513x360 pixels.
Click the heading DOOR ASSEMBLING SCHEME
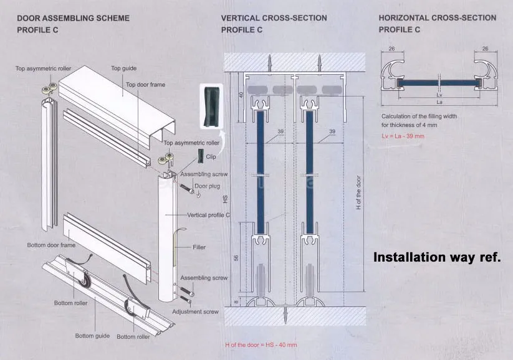tap(73, 18)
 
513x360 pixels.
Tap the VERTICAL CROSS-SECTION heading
tap(274, 18)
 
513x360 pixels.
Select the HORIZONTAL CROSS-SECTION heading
tap(438, 18)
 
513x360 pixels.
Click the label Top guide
tap(123, 68)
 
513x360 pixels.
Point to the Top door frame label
tap(145, 85)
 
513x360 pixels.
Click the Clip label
tap(211, 157)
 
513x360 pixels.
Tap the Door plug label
tap(208, 186)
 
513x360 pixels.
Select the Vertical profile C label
tap(209, 215)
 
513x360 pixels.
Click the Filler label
tap(199, 247)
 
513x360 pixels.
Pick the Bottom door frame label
tap(51, 245)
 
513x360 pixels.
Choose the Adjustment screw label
tap(195, 311)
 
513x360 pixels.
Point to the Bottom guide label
tap(92, 336)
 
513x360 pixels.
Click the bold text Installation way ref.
tap(436, 257)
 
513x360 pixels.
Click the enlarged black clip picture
tap(210, 104)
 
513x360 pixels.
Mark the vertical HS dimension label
tap(226, 200)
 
